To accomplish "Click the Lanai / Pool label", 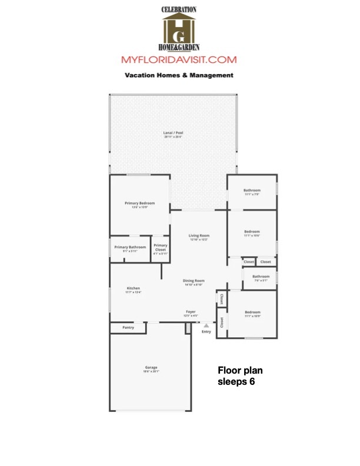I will (173, 133).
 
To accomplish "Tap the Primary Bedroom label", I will (139, 204).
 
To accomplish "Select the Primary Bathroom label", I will (130, 247).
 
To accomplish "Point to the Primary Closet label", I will (160, 247).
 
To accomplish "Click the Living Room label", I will (199, 235).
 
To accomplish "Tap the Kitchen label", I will (133, 288).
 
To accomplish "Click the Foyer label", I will (191, 311).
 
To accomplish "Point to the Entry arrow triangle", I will (206, 324).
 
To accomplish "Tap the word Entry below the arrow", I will (206, 332).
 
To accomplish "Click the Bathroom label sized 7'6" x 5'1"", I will (261, 277).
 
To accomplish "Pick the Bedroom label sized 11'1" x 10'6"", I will (252, 232).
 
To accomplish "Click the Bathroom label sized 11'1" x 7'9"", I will (252, 191).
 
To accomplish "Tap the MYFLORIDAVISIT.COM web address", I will (179, 60).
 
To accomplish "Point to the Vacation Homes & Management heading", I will (179, 75).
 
